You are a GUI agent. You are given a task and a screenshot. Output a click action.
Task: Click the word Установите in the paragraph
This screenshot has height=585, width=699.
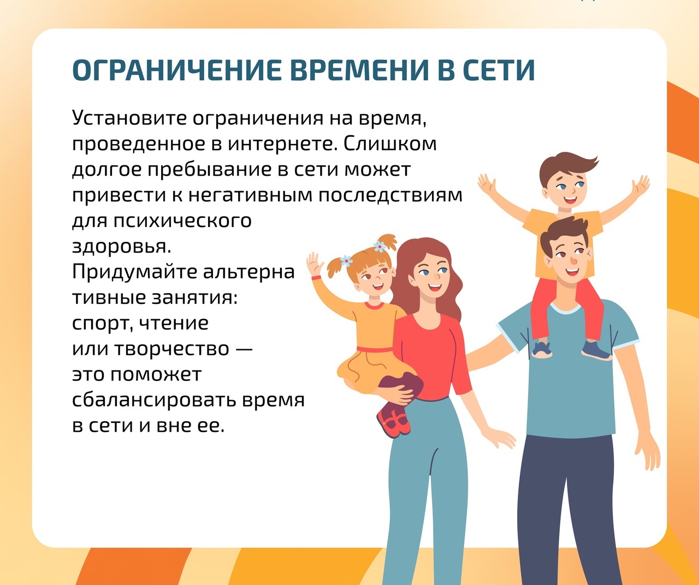pos(129,118)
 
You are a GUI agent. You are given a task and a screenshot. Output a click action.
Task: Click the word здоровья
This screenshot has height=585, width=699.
pos(122,247)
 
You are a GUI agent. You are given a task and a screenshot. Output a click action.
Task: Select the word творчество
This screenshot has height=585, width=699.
pos(172,349)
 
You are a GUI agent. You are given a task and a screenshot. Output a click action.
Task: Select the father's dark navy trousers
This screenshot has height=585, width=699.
pos(569,509)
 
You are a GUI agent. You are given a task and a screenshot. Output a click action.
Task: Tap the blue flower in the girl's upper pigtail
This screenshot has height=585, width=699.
pos(380,247)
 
